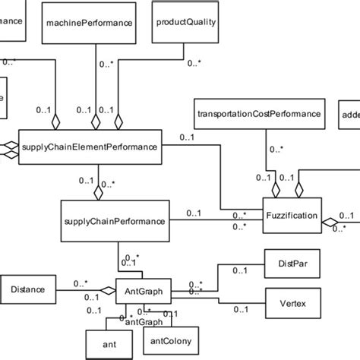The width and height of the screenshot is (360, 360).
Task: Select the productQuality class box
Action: [x=186, y=21]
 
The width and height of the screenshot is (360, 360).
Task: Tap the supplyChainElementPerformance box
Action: [x=90, y=147]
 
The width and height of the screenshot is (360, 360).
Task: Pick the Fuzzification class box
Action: [x=292, y=216]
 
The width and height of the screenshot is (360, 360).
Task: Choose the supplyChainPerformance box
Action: [x=112, y=221]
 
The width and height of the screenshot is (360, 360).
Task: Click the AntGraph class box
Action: [x=140, y=289]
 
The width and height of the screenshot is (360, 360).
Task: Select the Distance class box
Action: [x=29, y=289]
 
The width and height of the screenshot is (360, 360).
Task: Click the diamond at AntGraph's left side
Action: [x=107, y=289]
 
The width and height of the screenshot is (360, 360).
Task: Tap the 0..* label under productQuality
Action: [x=194, y=64]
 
